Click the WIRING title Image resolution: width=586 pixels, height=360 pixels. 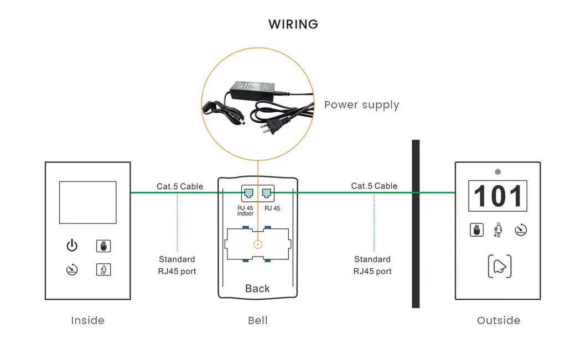click(x=293, y=24)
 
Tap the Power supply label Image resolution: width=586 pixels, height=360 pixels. click(x=361, y=105)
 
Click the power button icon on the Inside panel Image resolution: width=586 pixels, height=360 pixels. click(x=72, y=246)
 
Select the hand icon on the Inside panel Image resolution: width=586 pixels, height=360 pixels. click(x=103, y=246)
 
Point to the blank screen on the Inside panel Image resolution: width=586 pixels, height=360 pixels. click(x=87, y=202)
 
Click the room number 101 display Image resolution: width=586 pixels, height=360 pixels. click(x=497, y=196)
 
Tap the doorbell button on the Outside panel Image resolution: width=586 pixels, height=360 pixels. click(x=499, y=267)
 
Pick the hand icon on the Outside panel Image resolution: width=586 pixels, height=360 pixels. click(x=476, y=230)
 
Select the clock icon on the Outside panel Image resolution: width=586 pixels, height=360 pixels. click(x=520, y=230)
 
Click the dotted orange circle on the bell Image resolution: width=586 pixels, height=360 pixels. click(x=257, y=244)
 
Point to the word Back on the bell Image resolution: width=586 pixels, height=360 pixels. click(x=257, y=288)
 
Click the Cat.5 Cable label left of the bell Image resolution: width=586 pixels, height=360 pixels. click(x=179, y=186)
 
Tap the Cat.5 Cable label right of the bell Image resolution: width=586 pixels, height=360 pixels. click(x=374, y=186)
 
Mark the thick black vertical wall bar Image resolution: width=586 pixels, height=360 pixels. click(x=416, y=223)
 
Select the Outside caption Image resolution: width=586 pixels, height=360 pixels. click(x=498, y=320)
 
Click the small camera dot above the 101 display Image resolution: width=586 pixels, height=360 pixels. click(x=498, y=171)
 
